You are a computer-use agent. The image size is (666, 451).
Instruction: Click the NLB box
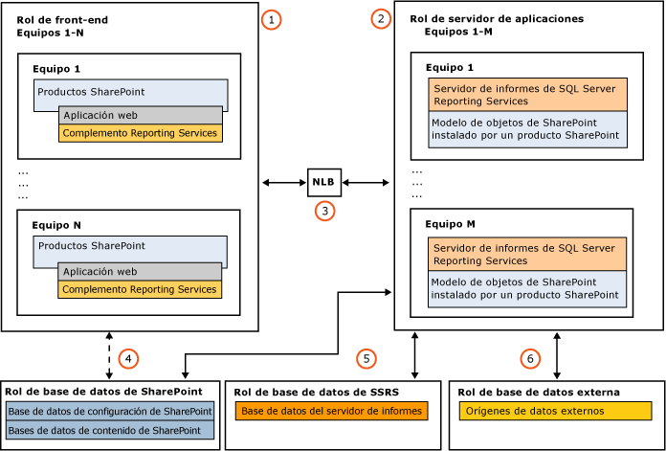pos(323,180)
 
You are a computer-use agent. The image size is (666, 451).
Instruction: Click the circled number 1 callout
pos(273,19)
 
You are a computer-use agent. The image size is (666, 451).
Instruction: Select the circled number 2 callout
pos(382,18)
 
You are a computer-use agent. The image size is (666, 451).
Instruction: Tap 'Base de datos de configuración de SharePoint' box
pos(110,411)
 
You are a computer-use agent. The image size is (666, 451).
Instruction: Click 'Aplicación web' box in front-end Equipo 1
pos(139,115)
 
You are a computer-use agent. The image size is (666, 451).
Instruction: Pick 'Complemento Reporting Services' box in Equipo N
pos(139,289)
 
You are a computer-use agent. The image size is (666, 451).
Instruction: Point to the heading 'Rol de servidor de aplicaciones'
pos(496,18)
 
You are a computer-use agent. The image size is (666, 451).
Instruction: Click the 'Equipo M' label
pos(444,223)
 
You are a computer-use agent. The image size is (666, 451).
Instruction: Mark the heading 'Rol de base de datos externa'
pos(539,392)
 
